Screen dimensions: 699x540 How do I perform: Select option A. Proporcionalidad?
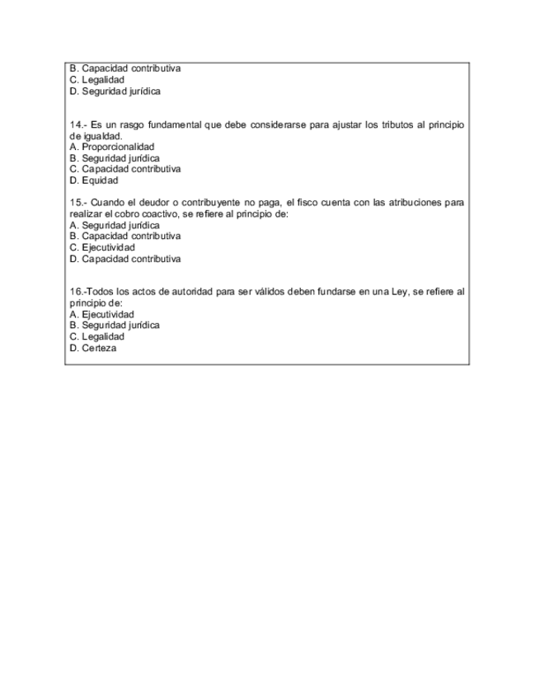click(112, 147)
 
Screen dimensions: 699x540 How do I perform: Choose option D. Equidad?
click(94, 180)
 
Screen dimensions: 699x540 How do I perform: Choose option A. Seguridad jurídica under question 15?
click(115, 225)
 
